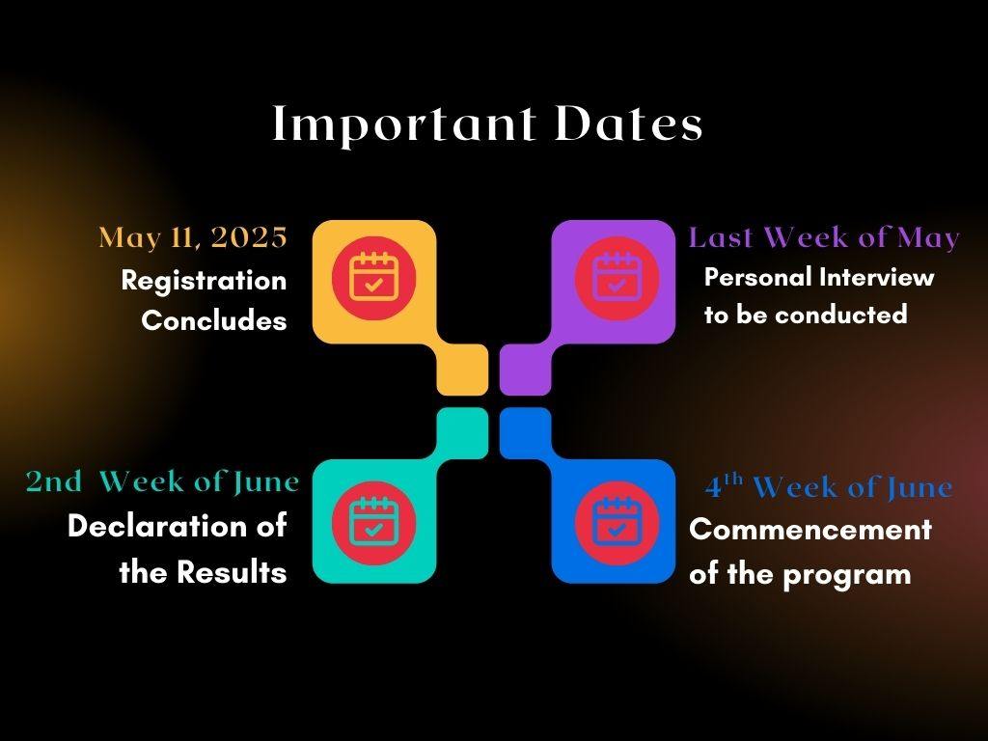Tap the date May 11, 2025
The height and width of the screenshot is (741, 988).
(193, 237)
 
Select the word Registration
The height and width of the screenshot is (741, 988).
(204, 281)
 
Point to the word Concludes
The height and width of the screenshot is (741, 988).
(214, 321)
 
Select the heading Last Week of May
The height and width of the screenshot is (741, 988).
(824, 238)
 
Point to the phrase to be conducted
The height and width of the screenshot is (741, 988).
(805, 316)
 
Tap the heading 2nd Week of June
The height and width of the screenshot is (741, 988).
(162, 480)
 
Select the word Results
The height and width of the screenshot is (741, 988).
(232, 573)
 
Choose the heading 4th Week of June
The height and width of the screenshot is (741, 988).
(828, 487)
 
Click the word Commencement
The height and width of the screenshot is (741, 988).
(810, 531)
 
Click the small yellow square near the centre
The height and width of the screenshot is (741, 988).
(462, 370)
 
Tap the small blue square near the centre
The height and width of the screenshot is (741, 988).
(525, 431)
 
